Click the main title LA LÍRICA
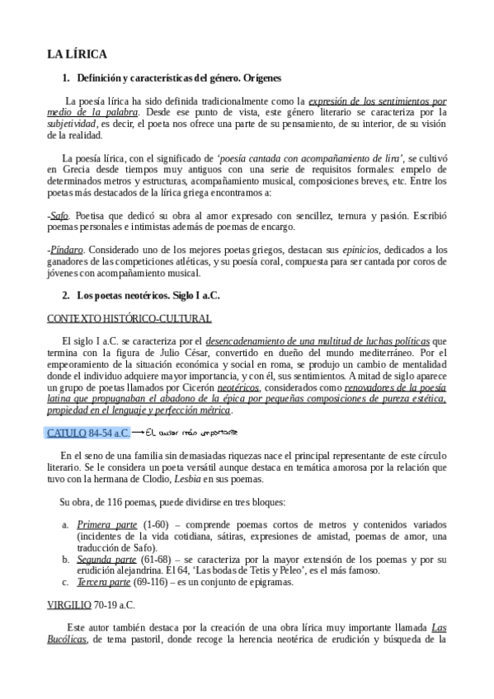(77, 54)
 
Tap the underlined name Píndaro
(65, 249)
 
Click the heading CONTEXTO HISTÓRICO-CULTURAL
(129, 318)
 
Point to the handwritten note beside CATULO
(190, 432)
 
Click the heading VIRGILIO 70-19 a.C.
(91, 604)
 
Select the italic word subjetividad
(73, 123)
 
